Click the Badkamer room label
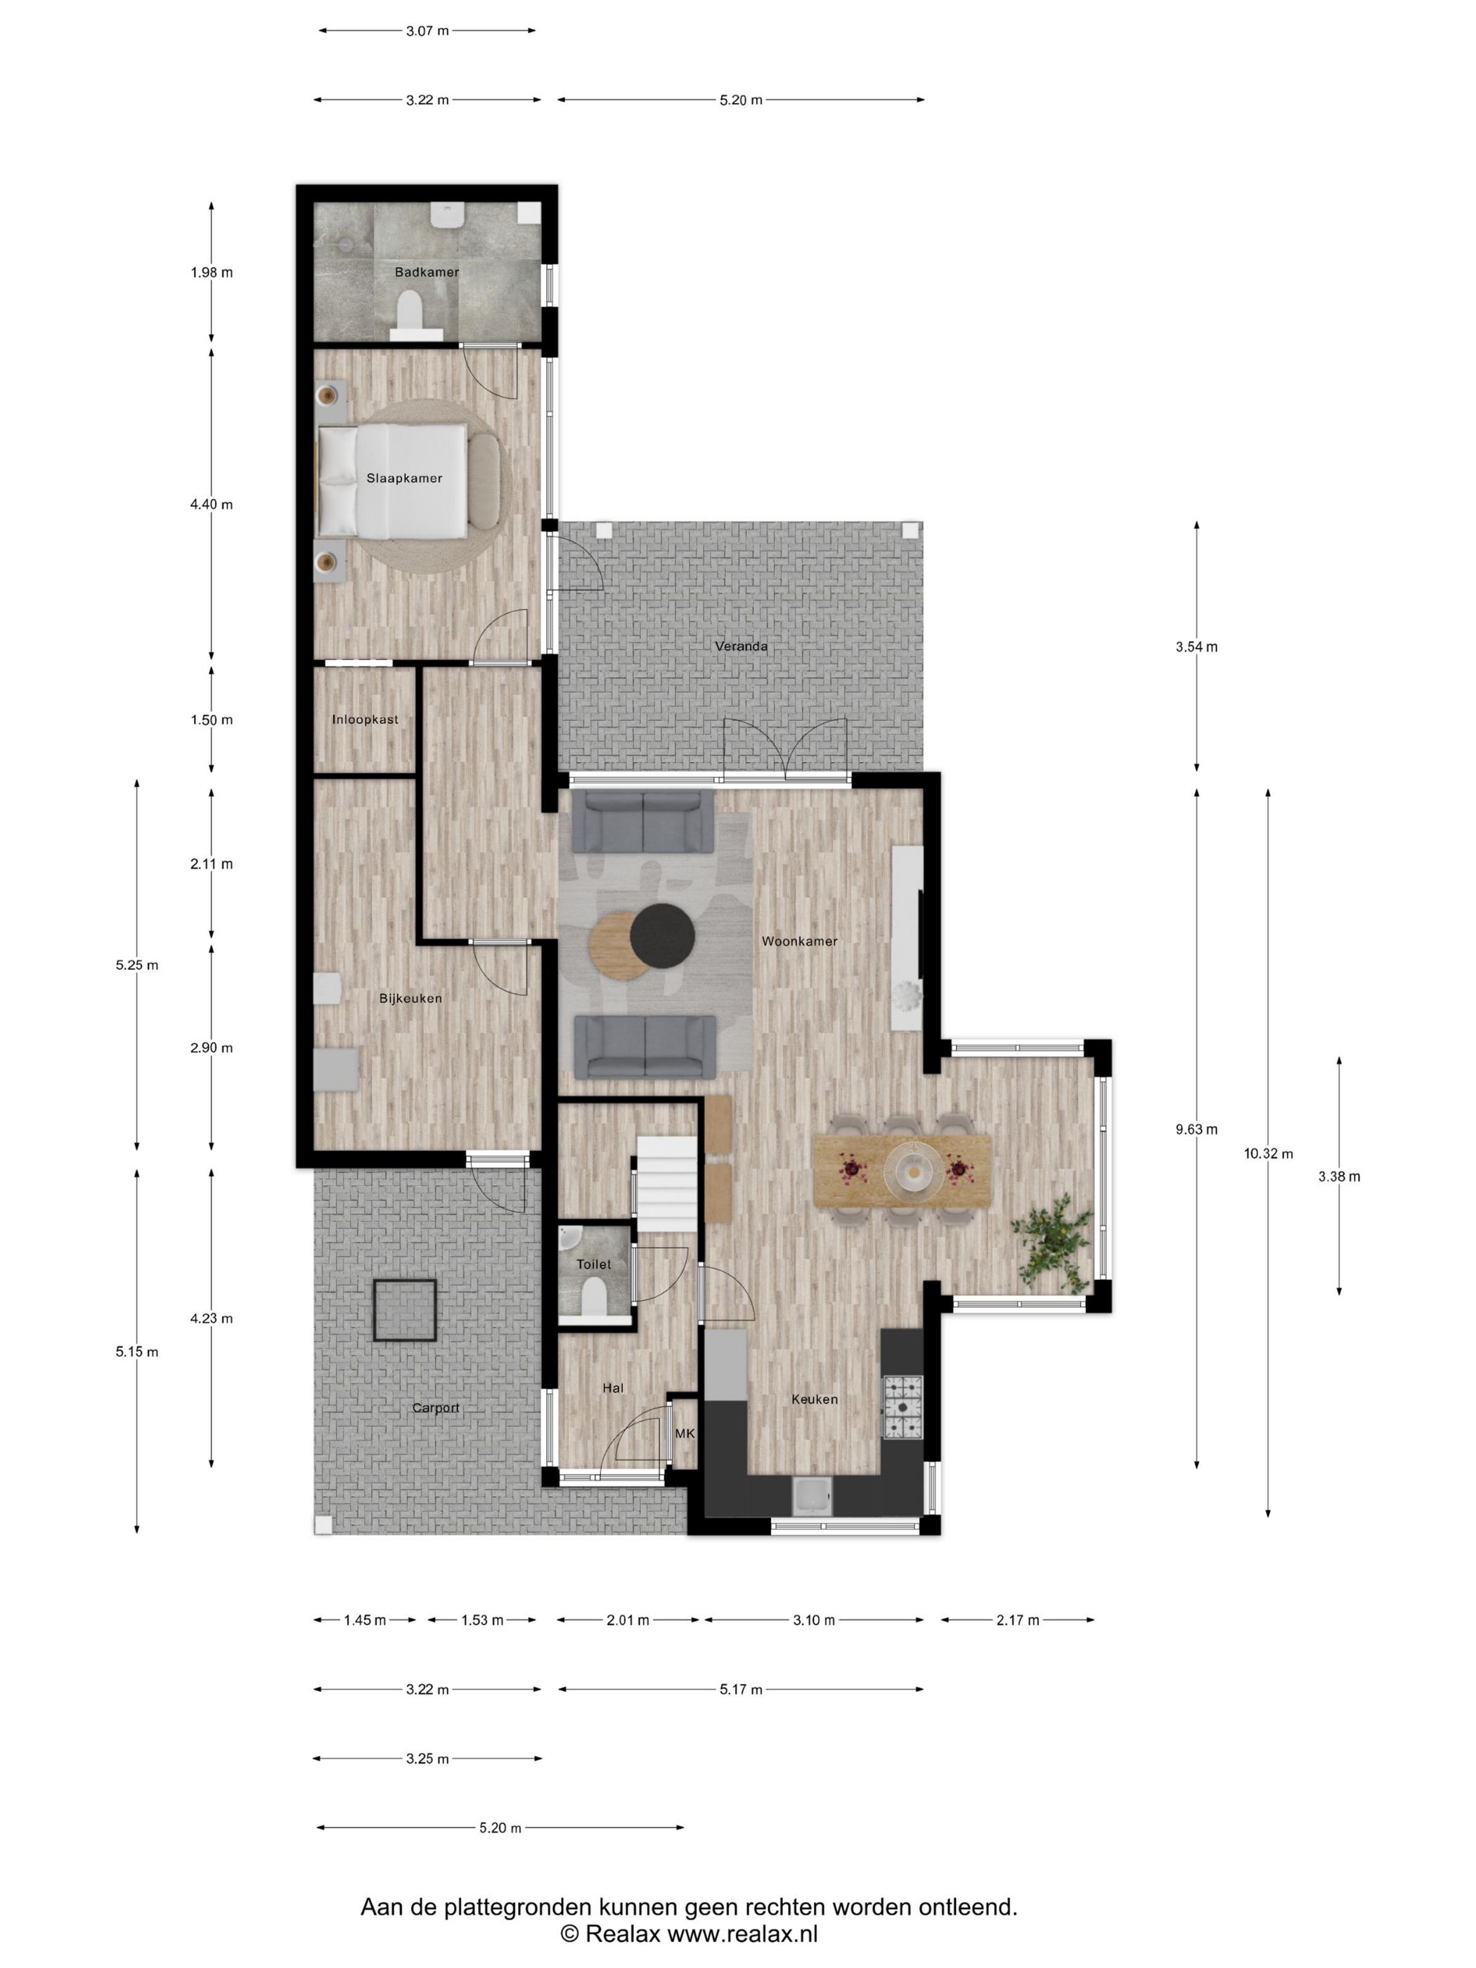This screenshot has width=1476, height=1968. pyautogui.click(x=426, y=272)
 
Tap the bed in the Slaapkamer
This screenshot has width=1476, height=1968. pyautogui.click(x=392, y=481)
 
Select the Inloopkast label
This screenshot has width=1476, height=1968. pyautogui.click(x=365, y=719)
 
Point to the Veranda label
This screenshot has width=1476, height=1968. pyautogui.click(x=741, y=646)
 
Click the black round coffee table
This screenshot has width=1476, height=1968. pyautogui.click(x=662, y=933)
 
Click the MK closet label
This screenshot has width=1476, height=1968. pyautogui.click(x=684, y=1433)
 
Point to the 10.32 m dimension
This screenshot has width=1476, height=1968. pyautogui.click(x=1268, y=1154)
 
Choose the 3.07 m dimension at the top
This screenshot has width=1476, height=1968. pyautogui.click(x=427, y=31)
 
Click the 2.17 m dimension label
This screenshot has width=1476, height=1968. pyautogui.click(x=1018, y=1620)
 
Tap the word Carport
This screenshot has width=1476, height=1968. pyautogui.click(x=436, y=1409)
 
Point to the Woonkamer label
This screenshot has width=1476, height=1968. pyautogui.click(x=799, y=941)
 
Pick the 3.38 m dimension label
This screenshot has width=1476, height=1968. pyautogui.click(x=1339, y=1176)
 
